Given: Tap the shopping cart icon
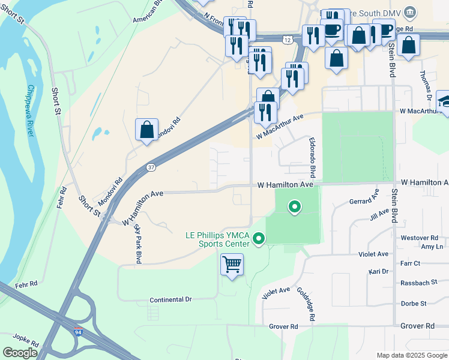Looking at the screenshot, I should pos(232,264).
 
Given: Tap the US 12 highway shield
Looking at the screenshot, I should pos(288,40).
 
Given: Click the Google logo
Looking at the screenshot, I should pos(20,353).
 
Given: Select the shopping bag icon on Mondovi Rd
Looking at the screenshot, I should pos(147,129).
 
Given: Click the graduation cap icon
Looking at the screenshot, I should pos(444,100).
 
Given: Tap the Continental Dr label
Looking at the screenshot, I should pos(170,299).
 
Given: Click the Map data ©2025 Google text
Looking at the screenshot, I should pos(412,355).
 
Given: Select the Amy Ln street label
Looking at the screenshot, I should pos(432,247).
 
